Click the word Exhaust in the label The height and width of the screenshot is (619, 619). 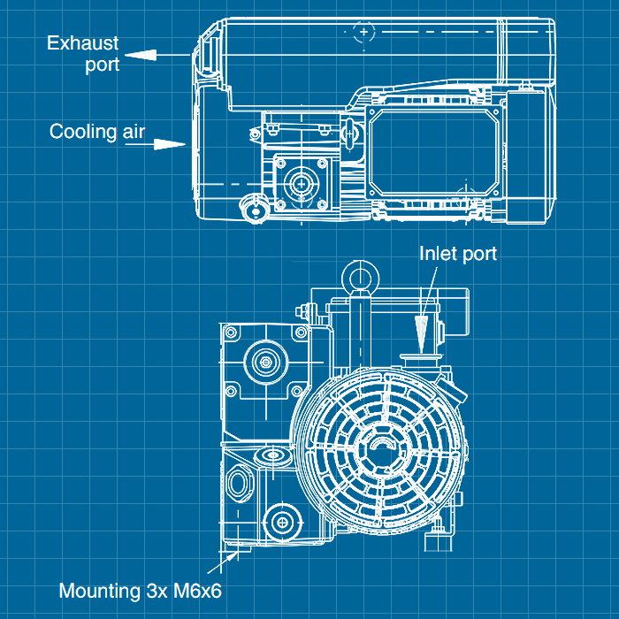coord(82,42)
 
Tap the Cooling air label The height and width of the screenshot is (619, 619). coord(96,132)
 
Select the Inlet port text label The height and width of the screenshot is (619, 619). coord(457,254)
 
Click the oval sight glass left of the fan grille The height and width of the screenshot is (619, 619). coord(240,482)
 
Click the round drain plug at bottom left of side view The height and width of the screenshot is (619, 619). coord(257,210)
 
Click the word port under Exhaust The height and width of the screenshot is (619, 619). coord(102,65)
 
